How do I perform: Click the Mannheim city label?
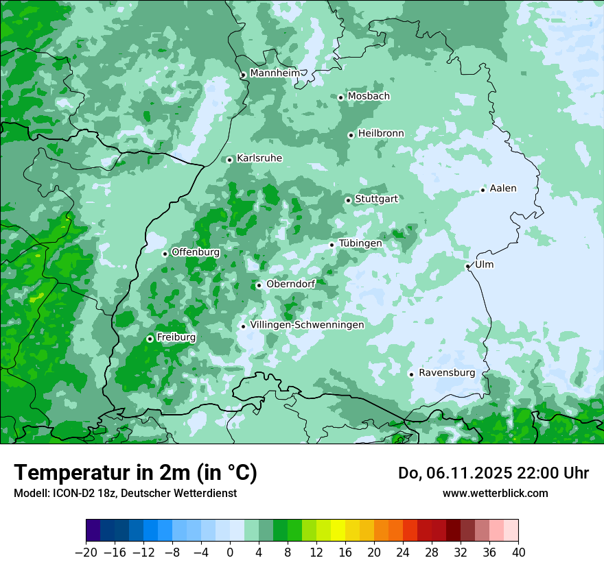click(275, 73)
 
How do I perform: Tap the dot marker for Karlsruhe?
click(230, 160)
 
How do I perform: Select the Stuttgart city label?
click(376, 199)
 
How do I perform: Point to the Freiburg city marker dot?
click(150, 339)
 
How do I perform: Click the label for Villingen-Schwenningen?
click(307, 325)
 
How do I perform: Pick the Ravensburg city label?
click(447, 373)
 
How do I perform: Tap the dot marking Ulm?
click(468, 266)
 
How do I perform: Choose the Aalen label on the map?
click(503, 189)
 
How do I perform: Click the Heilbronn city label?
click(381, 134)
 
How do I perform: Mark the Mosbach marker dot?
click(340, 97)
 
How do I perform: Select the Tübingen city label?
click(360, 243)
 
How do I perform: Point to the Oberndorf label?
click(290, 284)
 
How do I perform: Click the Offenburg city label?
click(196, 252)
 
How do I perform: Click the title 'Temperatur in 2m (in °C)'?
click(135, 473)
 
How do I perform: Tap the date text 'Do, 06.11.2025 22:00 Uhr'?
click(493, 473)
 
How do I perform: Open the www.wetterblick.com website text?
click(495, 494)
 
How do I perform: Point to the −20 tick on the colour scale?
click(86, 553)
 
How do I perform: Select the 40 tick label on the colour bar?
click(518, 553)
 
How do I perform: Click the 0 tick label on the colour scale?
click(230, 553)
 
